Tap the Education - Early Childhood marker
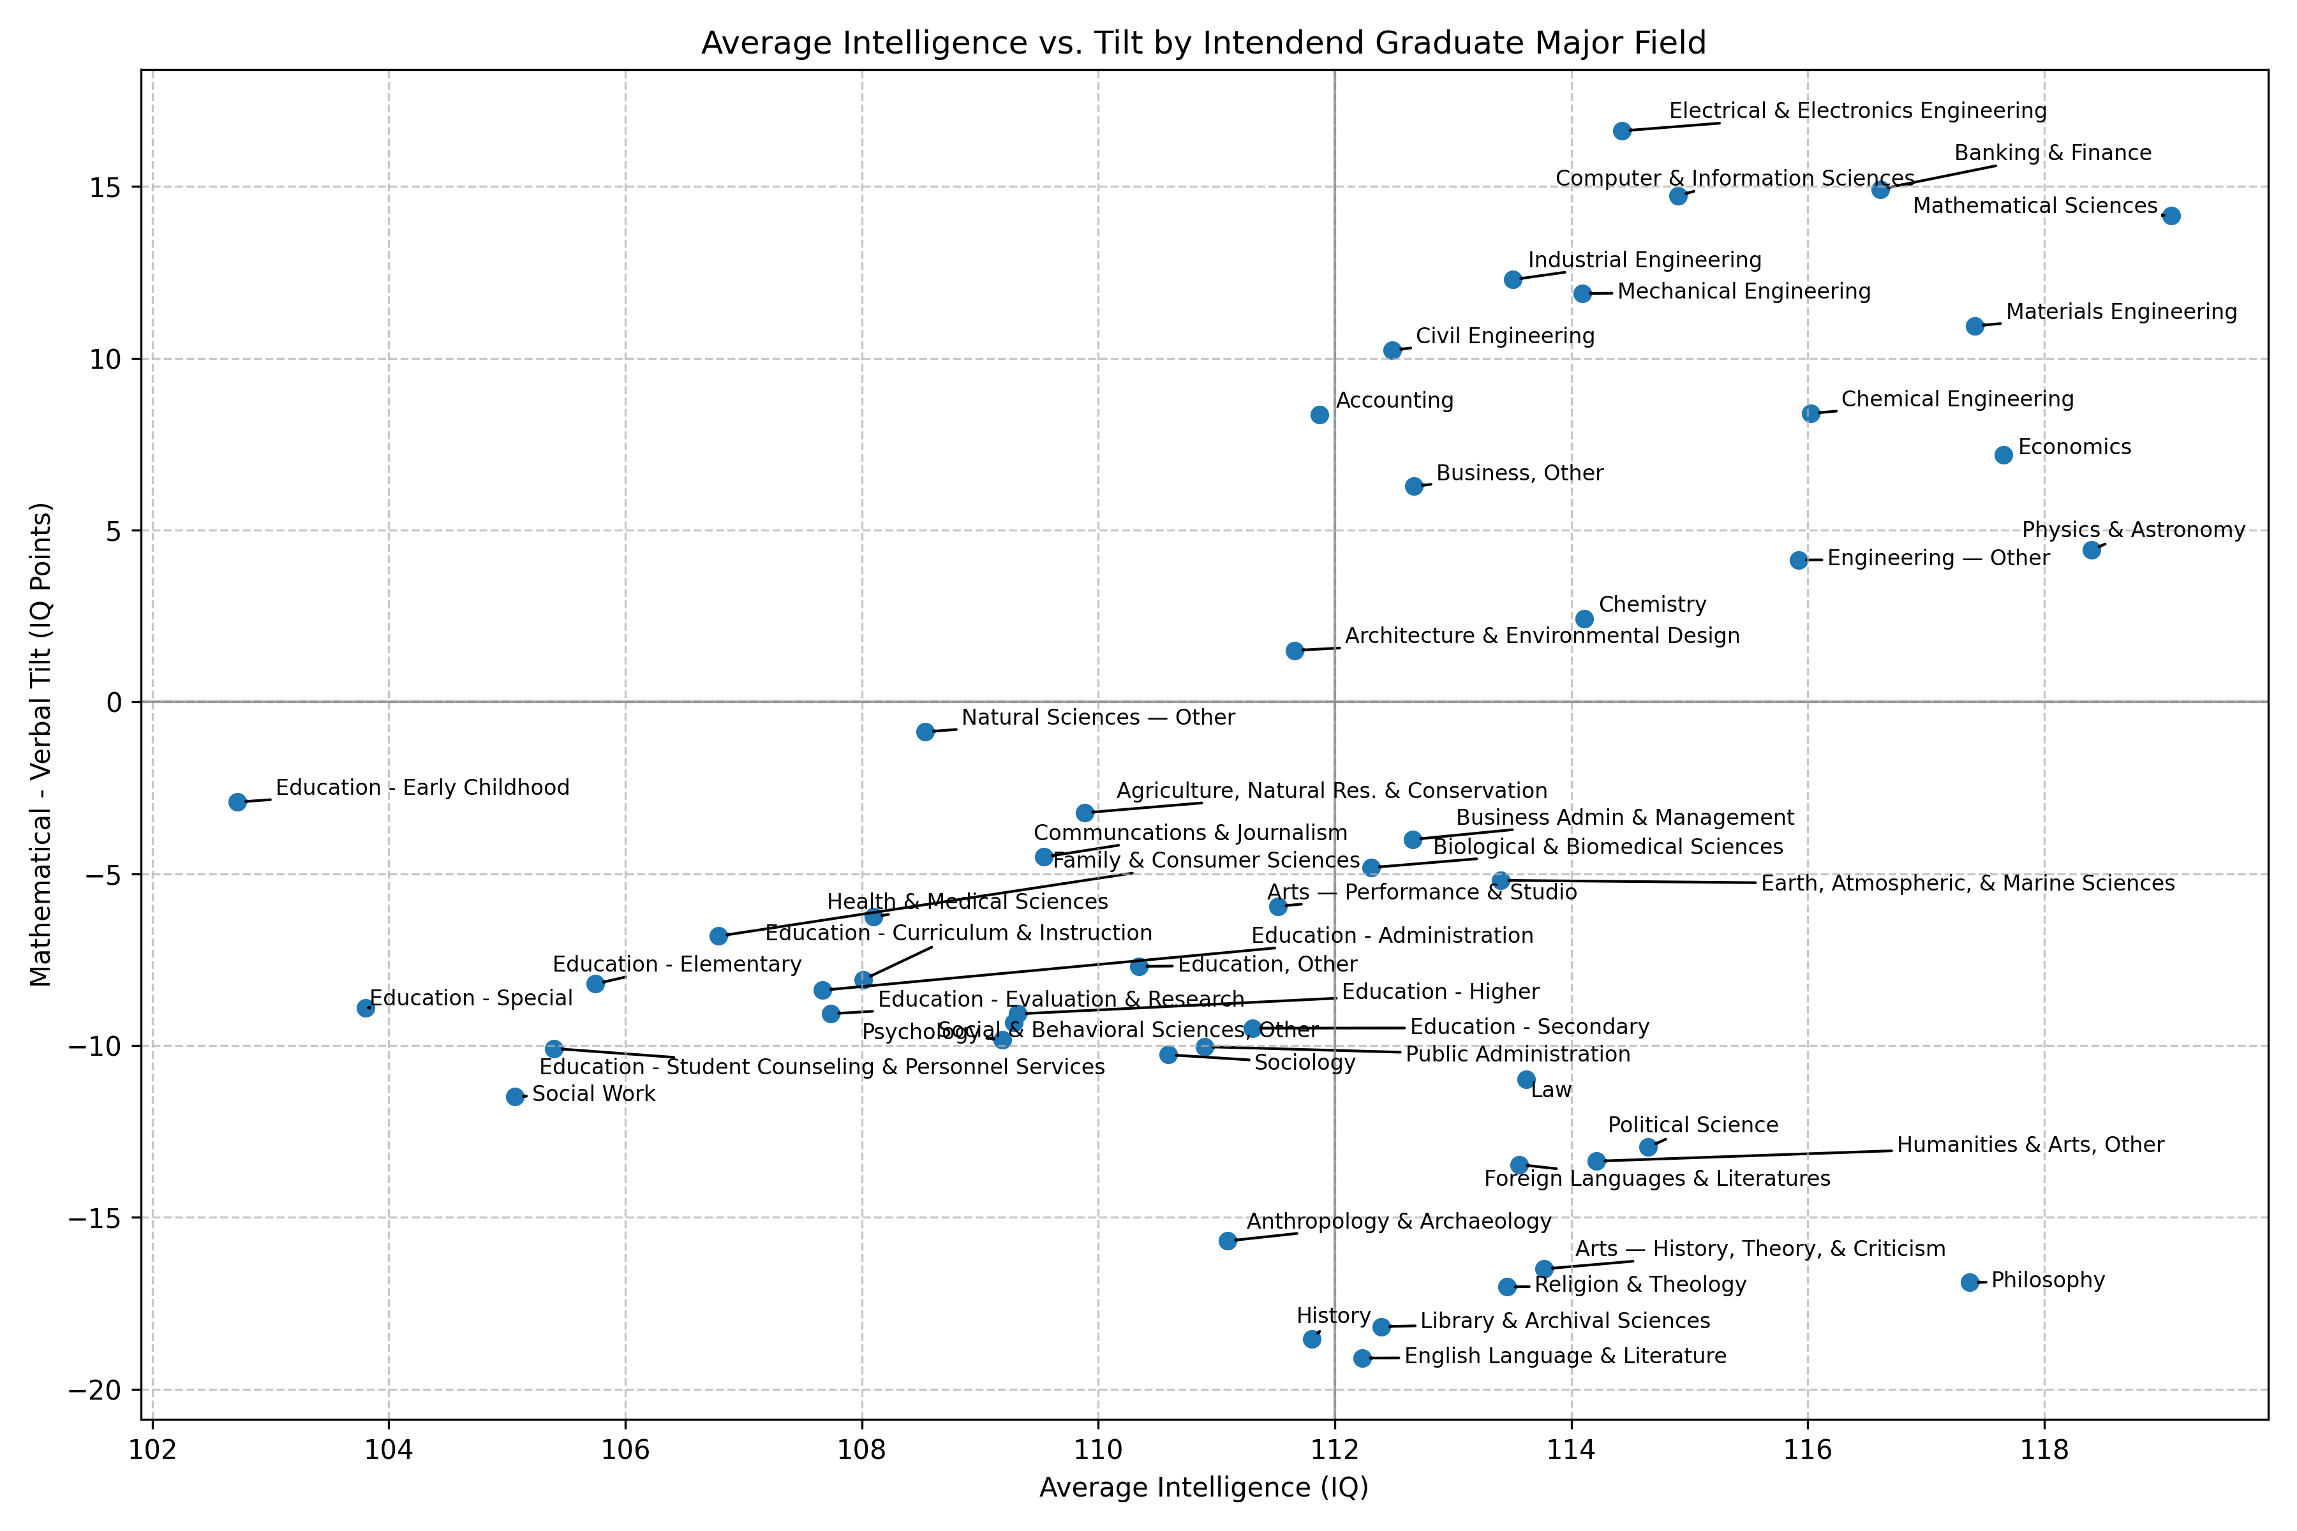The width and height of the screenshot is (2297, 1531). coord(237,802)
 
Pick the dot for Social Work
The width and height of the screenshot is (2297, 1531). coord(515,1097)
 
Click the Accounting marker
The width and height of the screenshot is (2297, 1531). coord(1319,415)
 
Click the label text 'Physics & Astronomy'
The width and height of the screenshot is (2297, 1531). coord(2133,530)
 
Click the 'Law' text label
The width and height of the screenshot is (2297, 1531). coord(1551,1091)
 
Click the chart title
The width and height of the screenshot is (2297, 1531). coord(1203,43)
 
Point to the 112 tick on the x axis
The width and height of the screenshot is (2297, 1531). coord(1335,1448)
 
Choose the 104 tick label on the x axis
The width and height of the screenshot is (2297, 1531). coord(389,1448)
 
